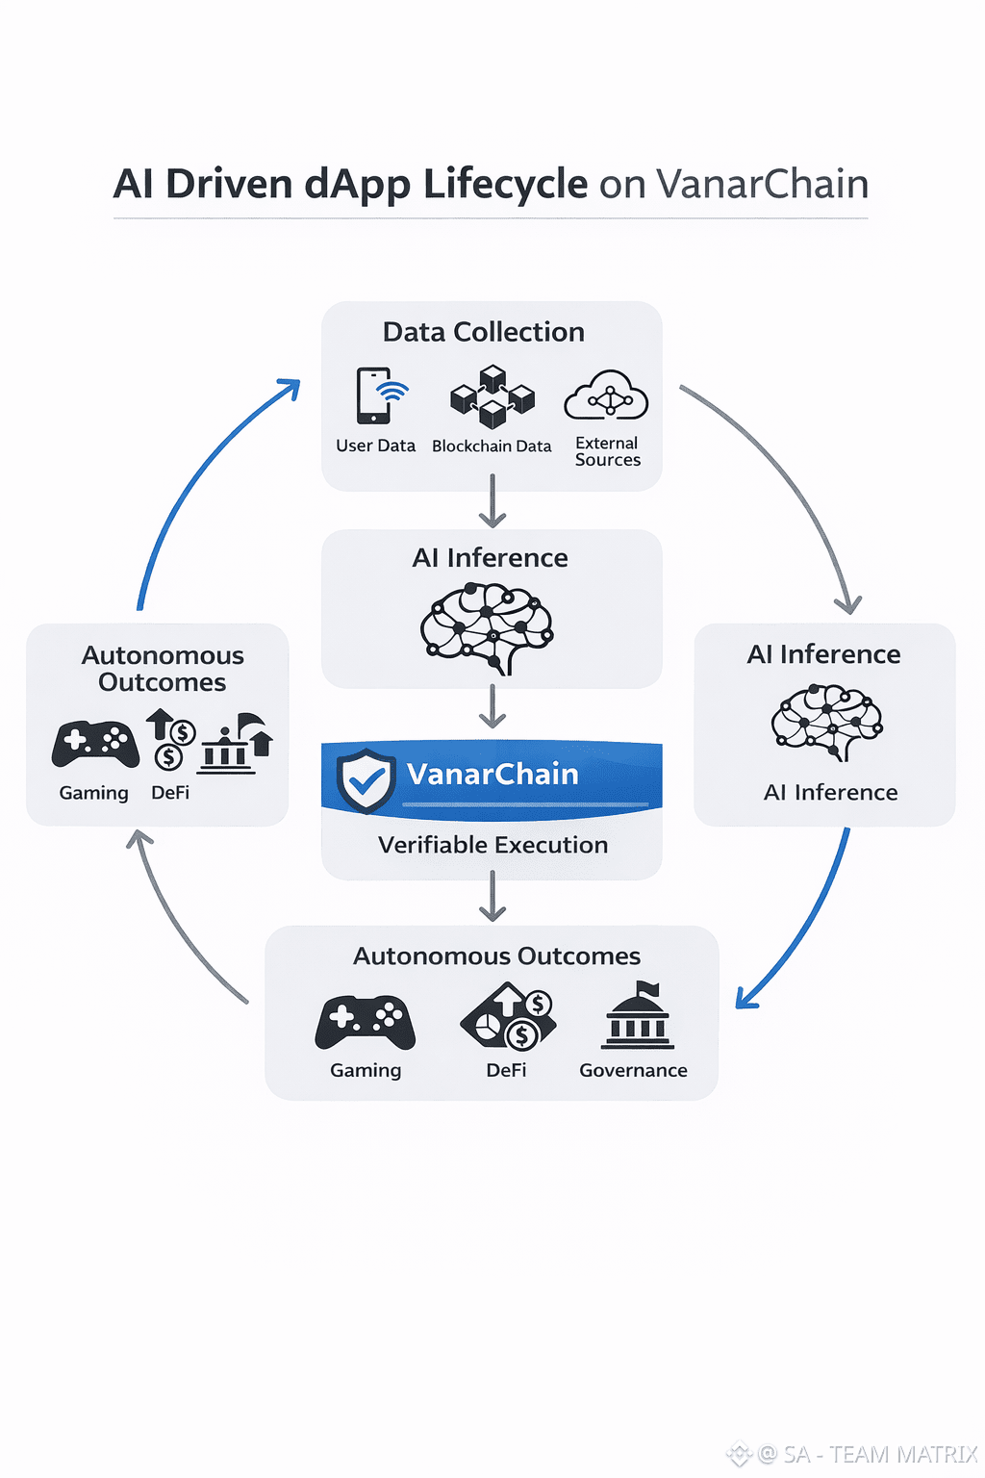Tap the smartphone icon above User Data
pyautogui.click(x=374, y=395)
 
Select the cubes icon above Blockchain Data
pyautogui.click(x=492, y=395)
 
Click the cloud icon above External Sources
pyautogui.click(x=606, y=395)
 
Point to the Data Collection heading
pyautogui.click(x=483, y=332)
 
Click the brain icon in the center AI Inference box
pyautogui.click(x=488, y=628)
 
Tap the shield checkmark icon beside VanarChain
pyautogui.click(x=366, y=780)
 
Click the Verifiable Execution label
pyautogui.click(x=492, y=845)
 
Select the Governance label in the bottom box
pyautogui.click(x=633, y=1070)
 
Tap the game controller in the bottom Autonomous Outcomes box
pyautogui.click(x=366, y=1022)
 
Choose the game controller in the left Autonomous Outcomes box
pyautogui.click(x=95, y=744)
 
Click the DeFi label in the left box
pyautogui.click(x=170, y=793)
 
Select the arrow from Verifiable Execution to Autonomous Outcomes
pyautogui.click(x=492, y=896)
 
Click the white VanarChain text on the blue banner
pyautogui.click(x=492, y=774)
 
